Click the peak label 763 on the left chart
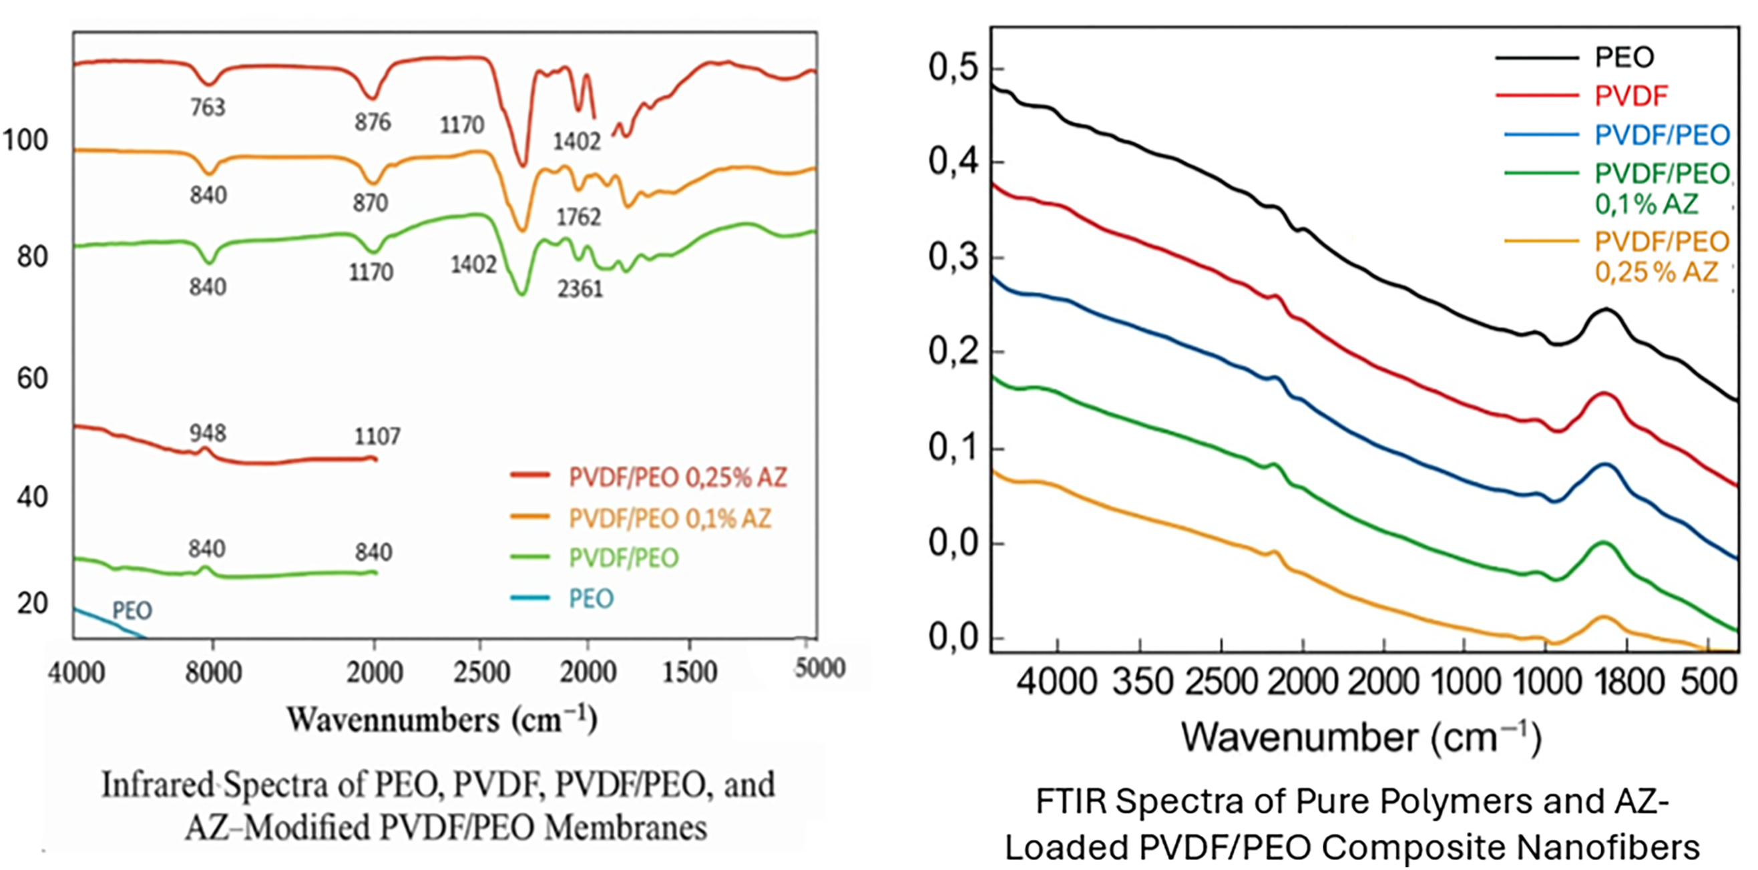tap(208, 107)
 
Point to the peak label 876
tap(373, 122)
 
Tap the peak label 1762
tap(579, 217)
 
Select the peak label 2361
tap(580, 289)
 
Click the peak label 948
tap(208, 433)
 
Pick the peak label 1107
tap(377, 437)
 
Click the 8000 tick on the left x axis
tap(214, 673)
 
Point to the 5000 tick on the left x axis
tap(820, 667)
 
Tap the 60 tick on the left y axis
tap(32, 378)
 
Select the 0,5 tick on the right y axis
tap(953, 68)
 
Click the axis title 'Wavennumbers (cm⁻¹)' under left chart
tap(442, 720)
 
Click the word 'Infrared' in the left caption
tap(158, 785)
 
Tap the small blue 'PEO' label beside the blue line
tap(132, 610)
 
